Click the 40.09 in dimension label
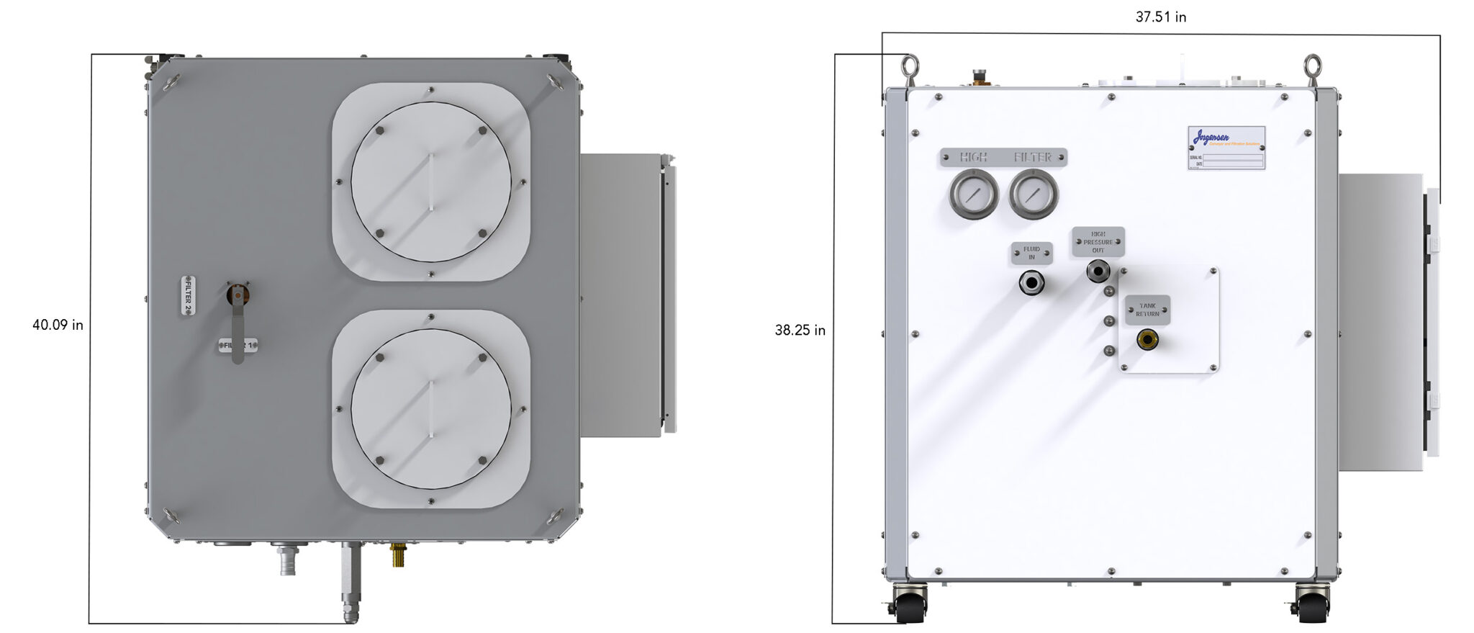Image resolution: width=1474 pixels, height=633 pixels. pyautogui.click(x=58, y=325)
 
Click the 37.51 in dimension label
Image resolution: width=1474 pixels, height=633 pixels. pyautogui.click(x=1160, y=17)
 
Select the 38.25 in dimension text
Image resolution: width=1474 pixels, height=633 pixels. pyautogui.click(x=800, y=331)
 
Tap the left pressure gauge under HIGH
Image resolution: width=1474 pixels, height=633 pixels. pyautogui.click(x=973, y=194)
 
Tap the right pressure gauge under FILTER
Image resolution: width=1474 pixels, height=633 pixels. pyautogui.click(x=1034, y=194)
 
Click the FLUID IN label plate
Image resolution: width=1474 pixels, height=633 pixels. pyautogui.click(x=1031, y=253)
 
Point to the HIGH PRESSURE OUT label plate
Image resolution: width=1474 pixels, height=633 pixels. pyautogui.click(x=1098, y=242)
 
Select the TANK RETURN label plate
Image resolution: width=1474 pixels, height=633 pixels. pyautogui.click(x=1147, y=310)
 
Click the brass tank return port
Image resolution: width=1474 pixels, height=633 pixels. pyautogui.click(x=1147, y=340)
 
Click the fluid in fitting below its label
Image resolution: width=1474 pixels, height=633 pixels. pyautogui.click(x=1031, y=282)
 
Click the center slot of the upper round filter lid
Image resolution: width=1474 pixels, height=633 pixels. pyautogui.click(x=430, y=181)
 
